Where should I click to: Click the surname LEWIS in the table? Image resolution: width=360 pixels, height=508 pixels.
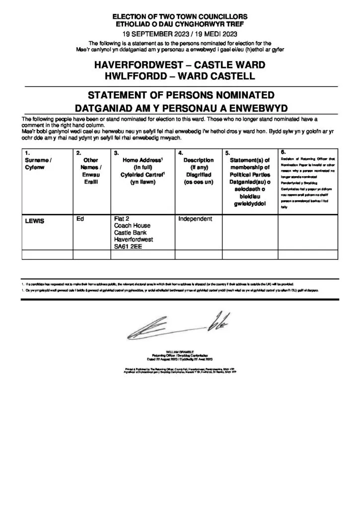[34, 221]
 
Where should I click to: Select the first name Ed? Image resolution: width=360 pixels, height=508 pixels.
[80, 218]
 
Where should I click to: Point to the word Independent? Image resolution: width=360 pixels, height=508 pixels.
[195, 218]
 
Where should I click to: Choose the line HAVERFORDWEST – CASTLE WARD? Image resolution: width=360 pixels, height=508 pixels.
[180, 65]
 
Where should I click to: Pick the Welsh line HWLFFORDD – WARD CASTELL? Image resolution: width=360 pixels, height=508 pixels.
[180, 76]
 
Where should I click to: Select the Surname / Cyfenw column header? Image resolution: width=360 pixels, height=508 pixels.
[38, 164]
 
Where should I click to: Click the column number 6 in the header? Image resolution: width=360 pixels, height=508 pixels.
[283, 151]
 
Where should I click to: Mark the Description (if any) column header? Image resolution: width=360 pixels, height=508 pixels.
[198, 167]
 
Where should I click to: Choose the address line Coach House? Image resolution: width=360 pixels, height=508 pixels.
[129, 226]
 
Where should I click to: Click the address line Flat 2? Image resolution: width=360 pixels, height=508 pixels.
[121, 218]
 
